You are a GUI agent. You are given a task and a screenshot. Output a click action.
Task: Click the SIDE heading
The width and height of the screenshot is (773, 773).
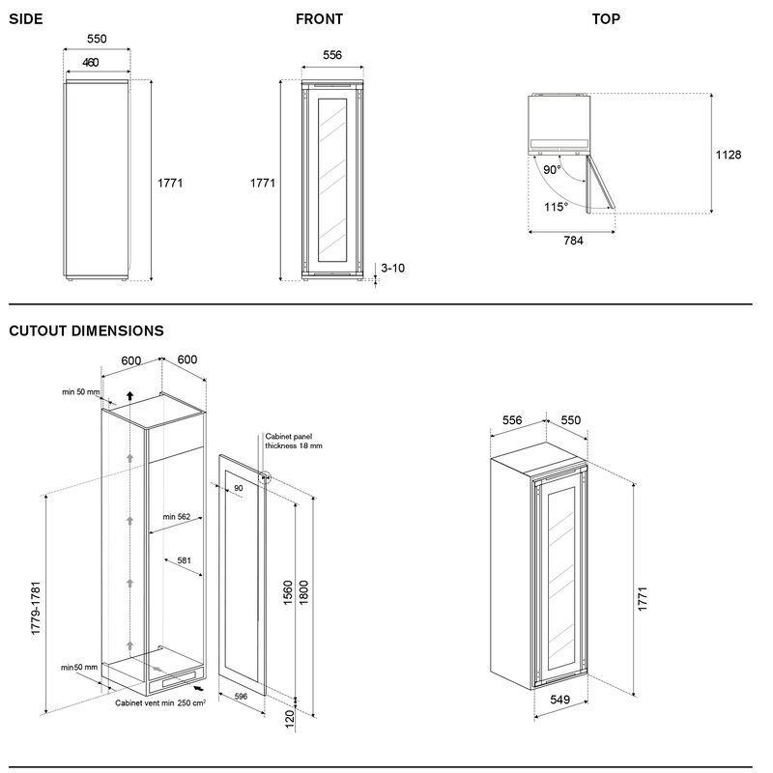[x=26, y=18]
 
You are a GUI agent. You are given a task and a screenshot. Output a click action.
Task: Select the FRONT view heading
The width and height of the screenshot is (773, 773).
[x=319, y=18]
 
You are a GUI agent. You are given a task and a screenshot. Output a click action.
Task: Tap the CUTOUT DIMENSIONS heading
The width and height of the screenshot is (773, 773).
[x=86, y=330]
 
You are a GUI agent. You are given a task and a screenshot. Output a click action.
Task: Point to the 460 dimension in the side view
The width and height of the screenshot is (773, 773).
[x=91, y=63]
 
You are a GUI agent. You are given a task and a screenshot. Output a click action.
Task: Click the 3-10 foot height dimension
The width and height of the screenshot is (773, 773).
[x=393, y=267]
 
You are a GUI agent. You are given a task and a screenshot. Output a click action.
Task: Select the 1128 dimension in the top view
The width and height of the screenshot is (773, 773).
[x=728, y=155]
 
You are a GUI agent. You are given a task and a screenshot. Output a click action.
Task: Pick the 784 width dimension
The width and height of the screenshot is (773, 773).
[x=572, y=241]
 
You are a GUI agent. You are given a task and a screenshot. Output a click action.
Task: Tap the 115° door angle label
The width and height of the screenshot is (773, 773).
[x=555, y=206]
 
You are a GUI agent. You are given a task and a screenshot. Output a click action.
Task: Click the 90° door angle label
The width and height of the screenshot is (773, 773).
[x=551, y=169]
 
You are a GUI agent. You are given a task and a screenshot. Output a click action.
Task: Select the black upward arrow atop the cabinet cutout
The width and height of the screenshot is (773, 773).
[x=129, y=396]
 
